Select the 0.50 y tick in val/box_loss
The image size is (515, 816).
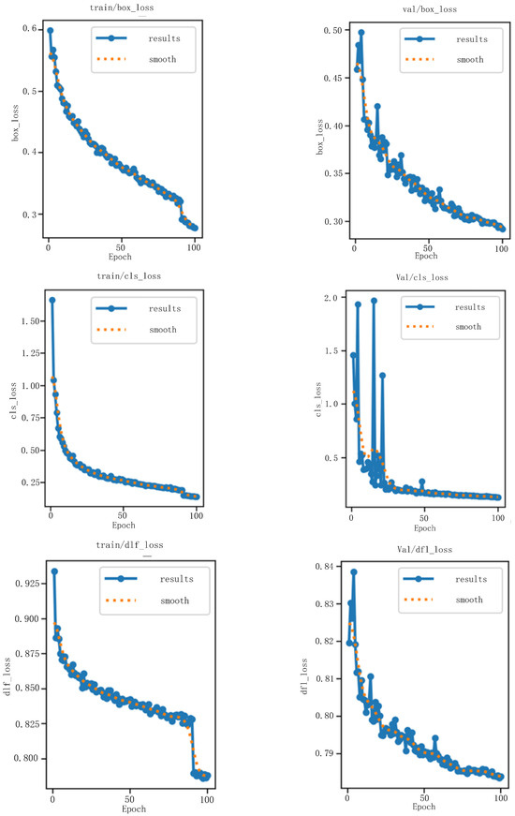[331, 31]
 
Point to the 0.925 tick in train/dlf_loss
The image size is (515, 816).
[24, 584]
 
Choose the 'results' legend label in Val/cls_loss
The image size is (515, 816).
[468, 306]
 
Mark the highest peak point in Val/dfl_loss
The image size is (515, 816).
[354, 571]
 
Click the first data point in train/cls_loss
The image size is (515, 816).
[51, 300]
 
